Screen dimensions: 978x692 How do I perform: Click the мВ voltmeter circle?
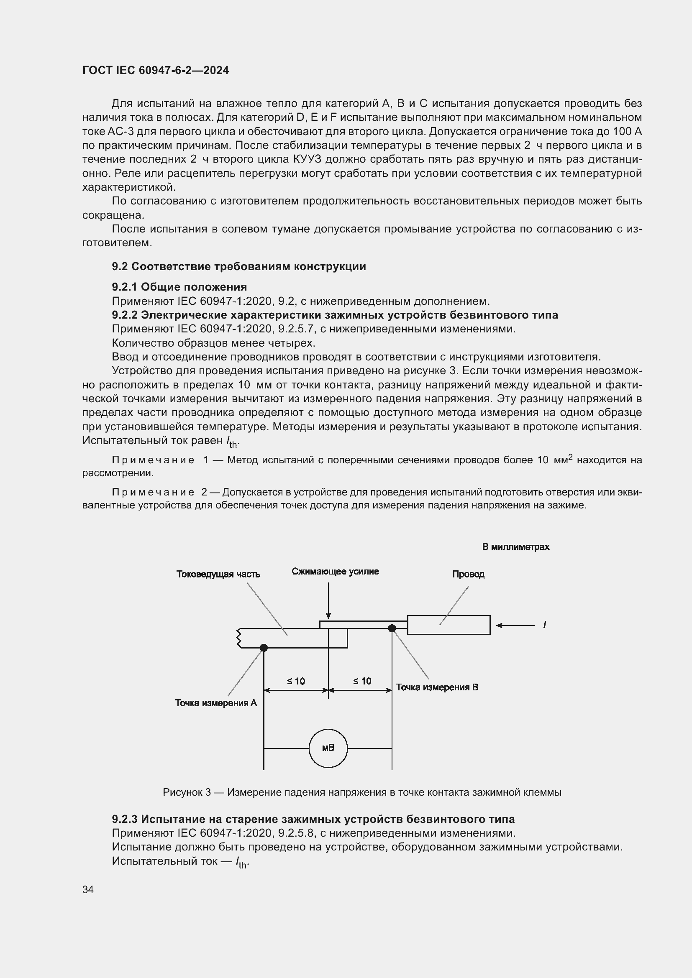click(328, 748)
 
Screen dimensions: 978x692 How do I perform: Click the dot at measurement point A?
click(264, 648)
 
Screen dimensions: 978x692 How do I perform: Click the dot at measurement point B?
click(392, 628)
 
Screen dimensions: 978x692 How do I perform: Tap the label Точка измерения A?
click(216, 703)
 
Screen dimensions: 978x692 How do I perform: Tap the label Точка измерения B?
click(437, 687)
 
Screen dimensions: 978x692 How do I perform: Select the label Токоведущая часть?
click(218, 574)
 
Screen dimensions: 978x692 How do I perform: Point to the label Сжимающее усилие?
click(336, 572)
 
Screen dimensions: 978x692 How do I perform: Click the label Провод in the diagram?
click(468, 574)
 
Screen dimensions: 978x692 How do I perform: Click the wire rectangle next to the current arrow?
click(449, 625)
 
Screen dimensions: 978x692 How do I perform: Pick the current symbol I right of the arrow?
click(545, 625)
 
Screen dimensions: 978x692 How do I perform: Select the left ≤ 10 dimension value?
click(296, 681)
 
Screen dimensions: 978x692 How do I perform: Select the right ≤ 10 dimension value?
click(362, 681)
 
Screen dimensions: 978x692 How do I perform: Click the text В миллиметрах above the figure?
click(515, 547)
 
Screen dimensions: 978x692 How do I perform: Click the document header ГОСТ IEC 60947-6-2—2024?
click(156, 70)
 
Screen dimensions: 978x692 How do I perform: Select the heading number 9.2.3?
click(124, 819)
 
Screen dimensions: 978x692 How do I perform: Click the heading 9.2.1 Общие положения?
click(179, 287)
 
